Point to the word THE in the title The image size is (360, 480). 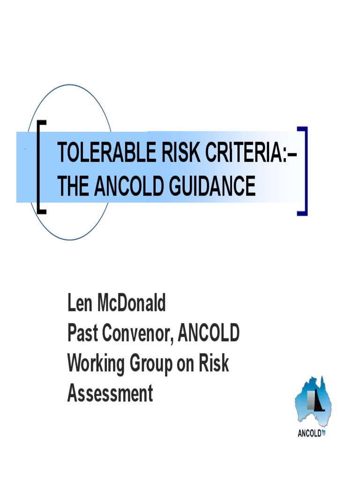pyautogui.click(x=73, y=187)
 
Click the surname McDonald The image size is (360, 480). pyautogui.click(x=131, y=304)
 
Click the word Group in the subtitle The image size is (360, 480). pyautogui.click(x=149, y=364)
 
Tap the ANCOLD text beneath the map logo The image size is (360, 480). pyautogui.click(x=310, y=433)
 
